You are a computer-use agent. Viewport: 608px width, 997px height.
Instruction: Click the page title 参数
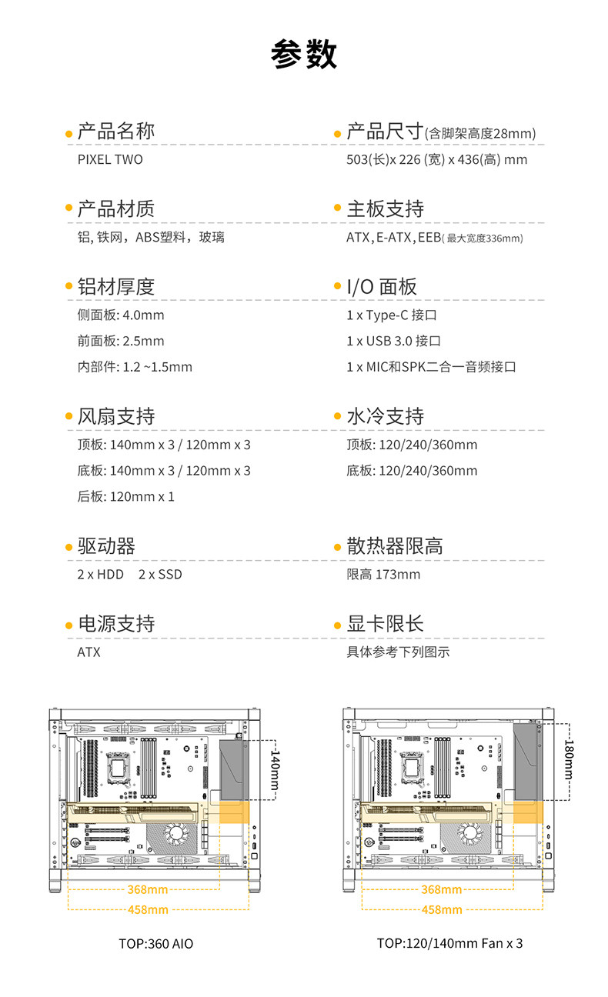304,56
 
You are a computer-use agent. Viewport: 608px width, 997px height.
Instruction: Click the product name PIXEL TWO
110,160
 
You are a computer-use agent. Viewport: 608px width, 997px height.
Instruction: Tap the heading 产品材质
116,208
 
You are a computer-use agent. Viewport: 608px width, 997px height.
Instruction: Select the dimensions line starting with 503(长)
437,160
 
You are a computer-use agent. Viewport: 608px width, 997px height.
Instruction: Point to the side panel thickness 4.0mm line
121,315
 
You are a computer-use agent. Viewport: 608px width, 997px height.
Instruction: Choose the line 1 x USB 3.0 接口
394,341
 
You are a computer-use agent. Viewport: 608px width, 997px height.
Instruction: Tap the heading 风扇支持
116,416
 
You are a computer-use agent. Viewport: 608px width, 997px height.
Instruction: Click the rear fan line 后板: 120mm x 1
126,497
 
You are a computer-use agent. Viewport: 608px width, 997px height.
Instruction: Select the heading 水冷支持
386,416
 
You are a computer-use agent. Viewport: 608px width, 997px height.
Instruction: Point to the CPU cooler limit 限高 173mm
383,575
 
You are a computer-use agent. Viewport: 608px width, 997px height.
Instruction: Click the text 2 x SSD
160,575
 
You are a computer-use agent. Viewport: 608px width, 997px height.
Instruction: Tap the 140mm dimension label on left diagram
273,771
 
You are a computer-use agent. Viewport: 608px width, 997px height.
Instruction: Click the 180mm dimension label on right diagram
569,759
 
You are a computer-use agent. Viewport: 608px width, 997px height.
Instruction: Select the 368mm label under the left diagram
147,890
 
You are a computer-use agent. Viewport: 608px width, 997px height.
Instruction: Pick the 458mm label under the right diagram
442,910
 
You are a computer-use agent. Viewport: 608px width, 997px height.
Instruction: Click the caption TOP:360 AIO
156,944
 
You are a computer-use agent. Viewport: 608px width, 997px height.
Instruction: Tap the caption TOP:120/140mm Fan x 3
449,943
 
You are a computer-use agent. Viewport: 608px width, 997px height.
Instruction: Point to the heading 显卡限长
386,624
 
